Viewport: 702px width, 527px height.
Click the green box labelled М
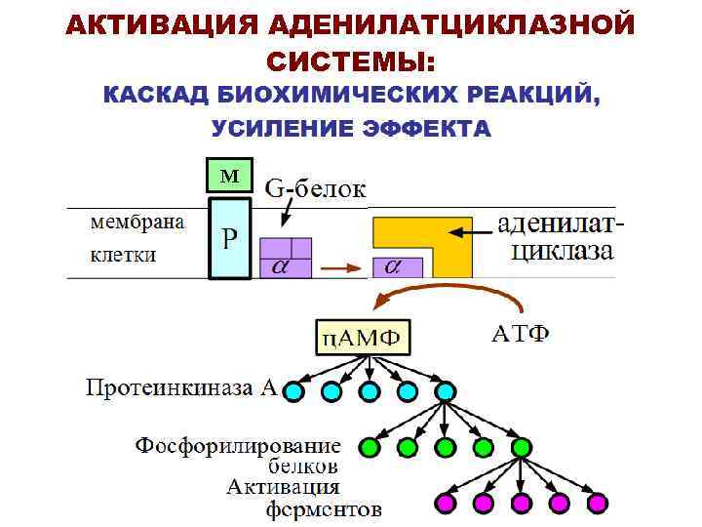pyautogui.click(x=229, y=175)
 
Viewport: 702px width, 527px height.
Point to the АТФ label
pyautogui.click(x=520, y=335)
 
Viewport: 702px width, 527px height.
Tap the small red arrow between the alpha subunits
pyautogui.click(x=341, y=266)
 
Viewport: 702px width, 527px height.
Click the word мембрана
pyautogui.click(x=136, y=223)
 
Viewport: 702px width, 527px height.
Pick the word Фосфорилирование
pyautogui.click(x=237, y=446)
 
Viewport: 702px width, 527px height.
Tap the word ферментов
pyautogui.click(x=325, y=509)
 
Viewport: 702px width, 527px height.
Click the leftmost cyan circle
pyautogui.click(x=294, y=392)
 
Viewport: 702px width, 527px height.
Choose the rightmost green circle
pyautogui.click(x=521, y=448)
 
